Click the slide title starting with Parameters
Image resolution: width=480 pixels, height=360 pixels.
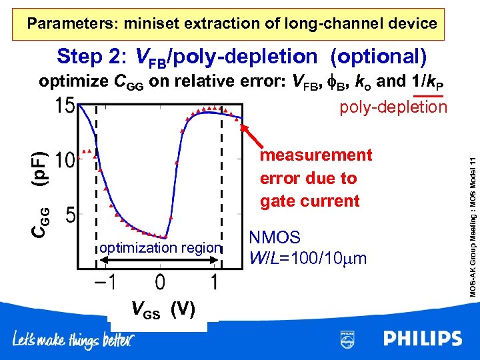[x=232, y=24]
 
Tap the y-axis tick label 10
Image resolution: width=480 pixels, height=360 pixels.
[x=64, y=161]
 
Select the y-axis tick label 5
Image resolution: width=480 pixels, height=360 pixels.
[x=70, y=215]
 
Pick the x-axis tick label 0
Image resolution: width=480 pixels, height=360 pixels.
[x=160, y=283]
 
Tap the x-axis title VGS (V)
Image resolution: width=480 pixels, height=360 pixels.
[x=163, y=309]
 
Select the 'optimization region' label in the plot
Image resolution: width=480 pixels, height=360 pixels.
[x=160, y=248]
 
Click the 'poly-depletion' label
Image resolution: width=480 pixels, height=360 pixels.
[x=393, y=107]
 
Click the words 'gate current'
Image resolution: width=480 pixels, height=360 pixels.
[x=309, y=201]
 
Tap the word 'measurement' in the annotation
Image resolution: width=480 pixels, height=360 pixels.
[x=315, y=155]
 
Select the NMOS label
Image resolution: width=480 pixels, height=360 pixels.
[x=275, y=238]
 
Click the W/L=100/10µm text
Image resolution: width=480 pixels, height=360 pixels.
[x=307, y=257]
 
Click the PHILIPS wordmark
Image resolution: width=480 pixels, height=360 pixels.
[x=422, y=339]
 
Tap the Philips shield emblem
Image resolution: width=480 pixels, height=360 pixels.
[x=347, y=339]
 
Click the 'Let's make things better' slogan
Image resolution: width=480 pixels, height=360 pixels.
[x=73, y=340]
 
